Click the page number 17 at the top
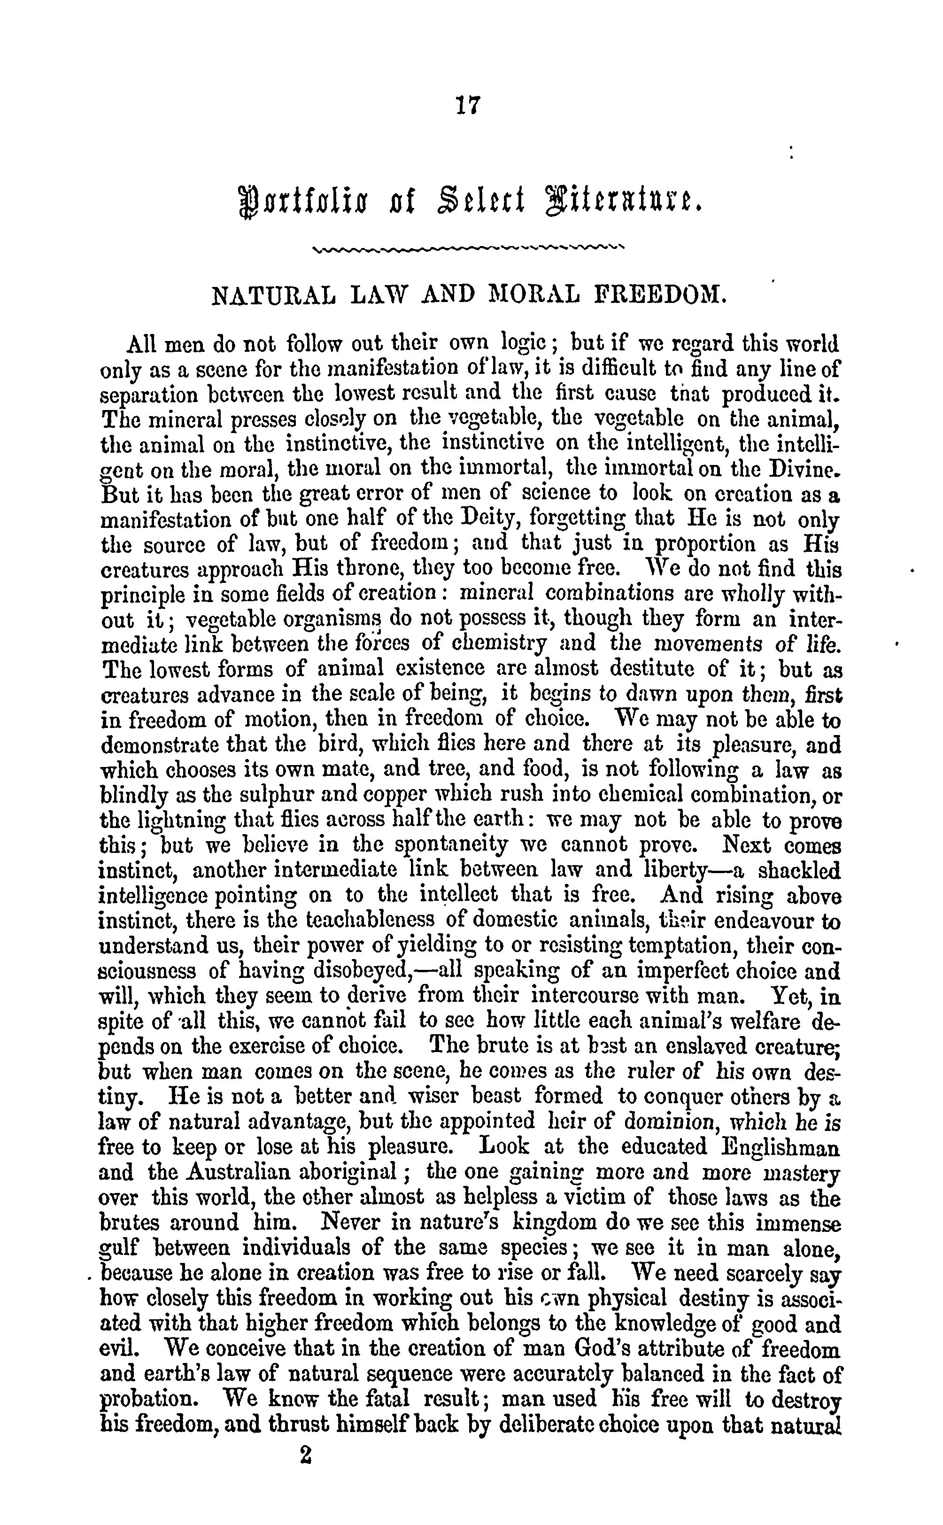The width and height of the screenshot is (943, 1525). click(468, 104)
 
